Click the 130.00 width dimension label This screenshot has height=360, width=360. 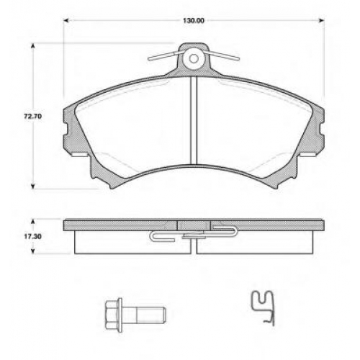click(194, 21)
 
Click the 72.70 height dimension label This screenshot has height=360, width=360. click(33, 117)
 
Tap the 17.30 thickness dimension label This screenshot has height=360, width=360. click(32, 236)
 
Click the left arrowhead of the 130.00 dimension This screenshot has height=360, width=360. click(66, 21)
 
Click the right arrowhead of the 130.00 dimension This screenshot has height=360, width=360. click(322, 21)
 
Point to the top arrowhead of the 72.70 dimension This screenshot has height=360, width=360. click(33, 45)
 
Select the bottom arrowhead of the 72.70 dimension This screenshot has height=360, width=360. click(33, 186)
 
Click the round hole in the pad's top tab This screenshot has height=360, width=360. click(194, 58)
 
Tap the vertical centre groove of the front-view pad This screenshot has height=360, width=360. click(194, 120)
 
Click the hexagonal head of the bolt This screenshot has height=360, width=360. click(112, 315)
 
